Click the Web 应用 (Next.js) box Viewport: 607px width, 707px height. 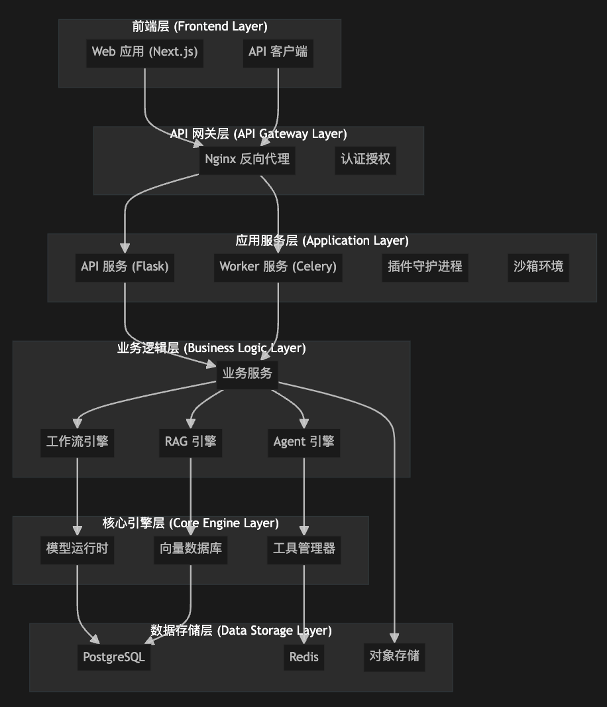point(144,52)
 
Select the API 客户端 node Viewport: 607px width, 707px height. point(278,52)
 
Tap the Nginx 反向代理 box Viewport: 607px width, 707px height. point(247,159)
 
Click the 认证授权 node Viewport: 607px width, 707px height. point(365,159)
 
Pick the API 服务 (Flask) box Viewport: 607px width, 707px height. point(125,267)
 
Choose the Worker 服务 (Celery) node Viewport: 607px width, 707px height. point(278,267)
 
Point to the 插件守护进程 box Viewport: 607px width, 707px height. point(425,267)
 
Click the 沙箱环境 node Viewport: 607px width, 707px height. point(538,267)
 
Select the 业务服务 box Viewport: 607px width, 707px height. point(247,373)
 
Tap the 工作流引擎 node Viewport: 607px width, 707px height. point(78,442)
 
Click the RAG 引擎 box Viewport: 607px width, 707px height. point(191,440)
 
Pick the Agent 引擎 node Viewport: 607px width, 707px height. point(303,442)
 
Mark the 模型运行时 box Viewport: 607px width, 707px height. point(77,548)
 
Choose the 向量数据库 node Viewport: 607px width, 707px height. point(191,548)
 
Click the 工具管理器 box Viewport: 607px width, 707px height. point(304,548)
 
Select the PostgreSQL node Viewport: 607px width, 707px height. point(114,657)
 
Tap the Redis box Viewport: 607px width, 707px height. point(304,657)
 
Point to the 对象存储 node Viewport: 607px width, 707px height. point(394,656)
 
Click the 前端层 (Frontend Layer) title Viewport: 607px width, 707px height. point(199,27)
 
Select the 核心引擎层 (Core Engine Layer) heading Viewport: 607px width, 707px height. point(191,523)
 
